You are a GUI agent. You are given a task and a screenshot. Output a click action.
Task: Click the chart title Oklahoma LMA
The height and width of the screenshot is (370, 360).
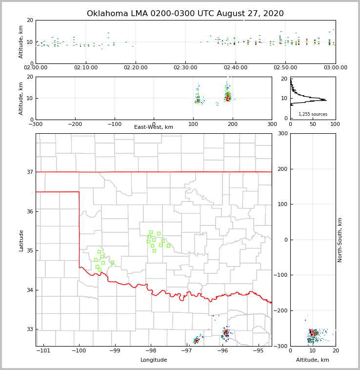coord(185,14)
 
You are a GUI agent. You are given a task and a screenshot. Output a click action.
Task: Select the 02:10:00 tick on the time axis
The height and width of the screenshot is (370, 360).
coord(86,67)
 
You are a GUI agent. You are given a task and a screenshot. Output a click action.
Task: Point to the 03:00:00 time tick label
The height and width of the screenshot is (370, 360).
coord(336,67)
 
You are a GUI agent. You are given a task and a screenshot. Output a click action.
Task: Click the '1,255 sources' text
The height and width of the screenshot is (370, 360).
coord(313,114)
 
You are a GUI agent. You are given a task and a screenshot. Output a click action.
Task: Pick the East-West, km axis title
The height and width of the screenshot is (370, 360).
coord(154,127)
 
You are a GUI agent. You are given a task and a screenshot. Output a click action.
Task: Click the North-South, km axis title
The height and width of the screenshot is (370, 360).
coord(340,240)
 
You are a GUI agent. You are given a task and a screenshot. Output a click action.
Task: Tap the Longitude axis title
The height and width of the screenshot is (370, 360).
coord(154,360)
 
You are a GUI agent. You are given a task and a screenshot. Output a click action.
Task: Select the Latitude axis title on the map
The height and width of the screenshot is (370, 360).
coord(21,240)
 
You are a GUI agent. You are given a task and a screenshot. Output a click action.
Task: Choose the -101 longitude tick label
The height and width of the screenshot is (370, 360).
coord(43,350)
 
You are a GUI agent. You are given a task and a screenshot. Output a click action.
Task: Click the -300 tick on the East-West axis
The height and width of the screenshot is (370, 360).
coord(36,124)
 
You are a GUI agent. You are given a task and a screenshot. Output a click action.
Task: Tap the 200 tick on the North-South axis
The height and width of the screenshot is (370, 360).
coord(281,169)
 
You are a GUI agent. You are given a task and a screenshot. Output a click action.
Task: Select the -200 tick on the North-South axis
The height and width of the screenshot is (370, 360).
coord(280,311)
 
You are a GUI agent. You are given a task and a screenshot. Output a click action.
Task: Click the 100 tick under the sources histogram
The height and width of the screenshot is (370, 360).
coord(335,124)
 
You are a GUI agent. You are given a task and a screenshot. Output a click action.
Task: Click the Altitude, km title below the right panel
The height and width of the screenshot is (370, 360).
coord(313,360)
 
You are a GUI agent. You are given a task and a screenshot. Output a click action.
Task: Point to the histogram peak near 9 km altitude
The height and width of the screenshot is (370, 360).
coord(325,100)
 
